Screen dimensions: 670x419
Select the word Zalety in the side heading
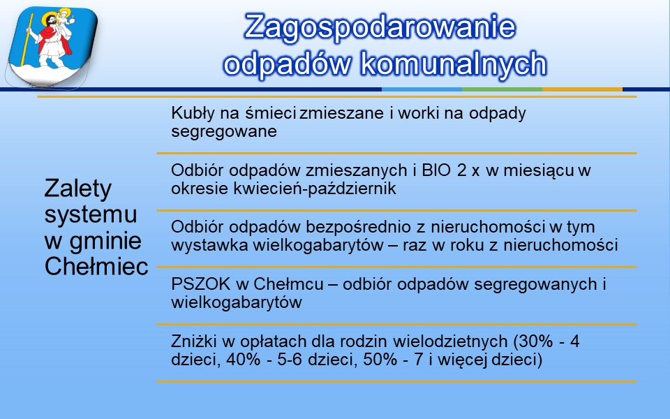point(77,189)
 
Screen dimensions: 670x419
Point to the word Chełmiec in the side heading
point(96,266)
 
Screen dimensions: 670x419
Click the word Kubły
point(193,113)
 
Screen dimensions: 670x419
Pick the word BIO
point(436,170)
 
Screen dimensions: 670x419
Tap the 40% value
point(243,359)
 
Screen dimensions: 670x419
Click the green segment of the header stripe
point(502,89)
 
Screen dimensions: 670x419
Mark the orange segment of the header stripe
point(582,89)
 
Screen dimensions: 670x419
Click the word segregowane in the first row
point(224,132)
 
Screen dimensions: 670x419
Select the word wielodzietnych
point(450,341)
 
